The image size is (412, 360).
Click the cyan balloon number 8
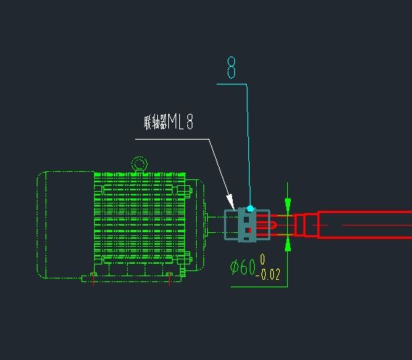point(231,68)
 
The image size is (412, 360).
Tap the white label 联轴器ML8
point(168,122)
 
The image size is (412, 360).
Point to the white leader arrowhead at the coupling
point(231,202)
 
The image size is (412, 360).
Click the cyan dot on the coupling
point(250,209)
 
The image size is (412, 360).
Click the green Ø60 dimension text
point(243,267)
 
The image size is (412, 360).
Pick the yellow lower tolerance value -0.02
point(268,275)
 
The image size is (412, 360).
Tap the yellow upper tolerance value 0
point(263,259)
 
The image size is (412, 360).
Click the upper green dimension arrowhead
point(288,205)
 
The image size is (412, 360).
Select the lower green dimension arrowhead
point(288,245)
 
